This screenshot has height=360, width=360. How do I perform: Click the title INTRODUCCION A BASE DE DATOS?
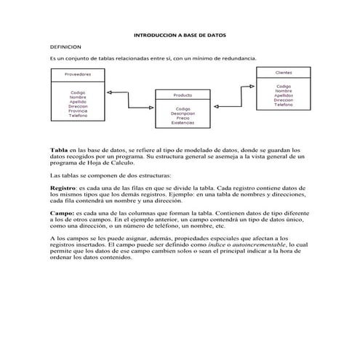point(180,34)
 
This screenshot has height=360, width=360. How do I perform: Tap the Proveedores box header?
point(78,75)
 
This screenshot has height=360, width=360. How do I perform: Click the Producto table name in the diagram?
point(183,95)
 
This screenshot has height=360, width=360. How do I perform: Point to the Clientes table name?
point(284,73)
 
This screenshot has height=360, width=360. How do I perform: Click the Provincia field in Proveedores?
point(78,111)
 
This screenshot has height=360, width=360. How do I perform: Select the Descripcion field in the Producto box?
point(183,113)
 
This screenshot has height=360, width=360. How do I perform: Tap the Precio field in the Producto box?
point(183,118)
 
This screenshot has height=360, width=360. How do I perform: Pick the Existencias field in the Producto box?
point(183,122)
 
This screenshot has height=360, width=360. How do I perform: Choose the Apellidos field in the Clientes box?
point(284,95)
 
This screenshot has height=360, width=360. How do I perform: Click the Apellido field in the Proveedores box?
point(78,101)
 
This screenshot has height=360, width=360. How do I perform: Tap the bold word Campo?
point(62,213)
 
